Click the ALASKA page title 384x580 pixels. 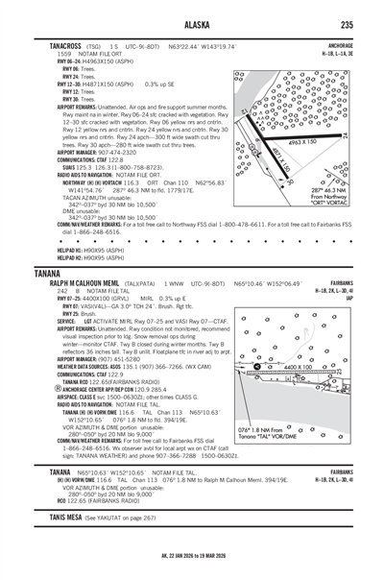coord(191,25)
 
